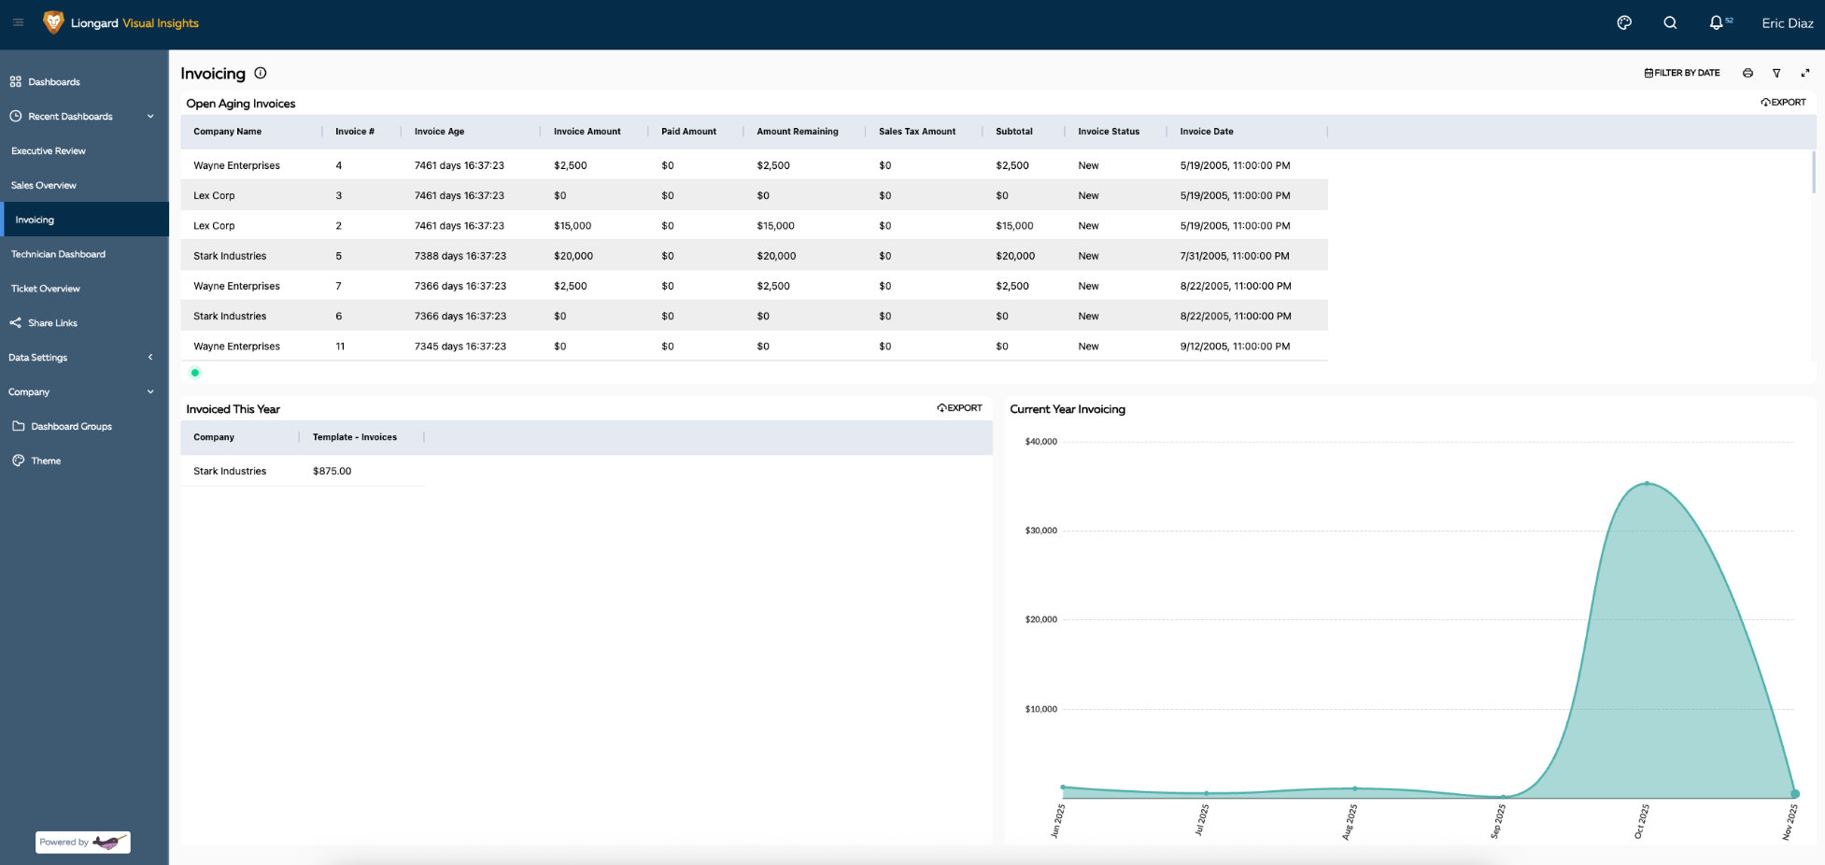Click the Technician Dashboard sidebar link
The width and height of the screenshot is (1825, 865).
click(x=58, y=254)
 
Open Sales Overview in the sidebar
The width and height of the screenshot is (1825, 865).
click(x=44, y=185)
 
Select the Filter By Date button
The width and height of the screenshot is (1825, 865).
click(x=1682, y=73)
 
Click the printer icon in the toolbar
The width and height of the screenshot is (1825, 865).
click(x=1747, y=73)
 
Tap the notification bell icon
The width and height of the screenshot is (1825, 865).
click(x=1716, y=23)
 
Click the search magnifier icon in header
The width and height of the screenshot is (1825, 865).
click(x=1670, y=23)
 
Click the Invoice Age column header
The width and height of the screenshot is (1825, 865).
click(x=439, y=132)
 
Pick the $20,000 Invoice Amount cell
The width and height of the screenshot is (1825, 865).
click(x=573, y=256)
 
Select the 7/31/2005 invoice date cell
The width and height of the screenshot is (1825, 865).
click(x=1234, y=256)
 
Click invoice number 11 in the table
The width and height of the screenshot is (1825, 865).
click(x=340, y=347)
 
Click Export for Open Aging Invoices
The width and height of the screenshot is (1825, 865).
click(x=1783, y=103)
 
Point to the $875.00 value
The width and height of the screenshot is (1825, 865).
click(x=332, y=472)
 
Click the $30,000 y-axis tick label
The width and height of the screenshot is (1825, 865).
click(x=1040, y=531)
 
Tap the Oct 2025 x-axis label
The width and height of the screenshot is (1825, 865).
click(x=1641, y=821)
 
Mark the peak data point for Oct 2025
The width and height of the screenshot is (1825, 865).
click(x=1647, y=484)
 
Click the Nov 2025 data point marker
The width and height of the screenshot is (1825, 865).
click(x=1794, y=794)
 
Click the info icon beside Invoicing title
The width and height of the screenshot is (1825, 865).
click(x=261, y=73)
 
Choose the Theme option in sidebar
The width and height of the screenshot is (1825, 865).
click(x=46, y=461)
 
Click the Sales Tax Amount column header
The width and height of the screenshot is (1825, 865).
click(x=916, y=132)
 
